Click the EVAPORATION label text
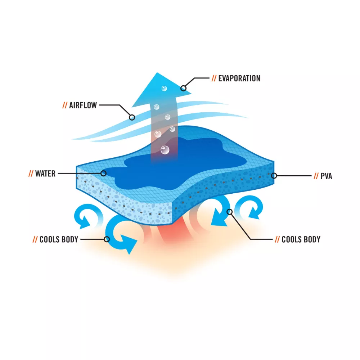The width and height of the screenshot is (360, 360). pyautogui.click(x=239, y=78)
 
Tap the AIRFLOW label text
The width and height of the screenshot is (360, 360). pyautogui.click(x=83, y=105)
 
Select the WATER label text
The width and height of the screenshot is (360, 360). pyautogui.click(x=45, y=174)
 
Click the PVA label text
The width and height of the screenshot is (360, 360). pyautogui.click(x=326, y=176)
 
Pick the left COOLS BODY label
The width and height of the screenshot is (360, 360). pyautogui.click(x=59, y=239)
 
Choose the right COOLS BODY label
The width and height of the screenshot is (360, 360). pyautogui.click(x=301, y=239)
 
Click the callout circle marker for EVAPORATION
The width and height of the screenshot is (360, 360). pyautogui.click(x=183, y=88)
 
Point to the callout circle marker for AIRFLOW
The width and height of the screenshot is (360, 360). pyautogui.click(x=132, y=118)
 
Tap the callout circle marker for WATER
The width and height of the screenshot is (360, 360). pyautogui.click(x=104, y=174)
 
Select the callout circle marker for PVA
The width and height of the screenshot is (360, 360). pyautogui.click(x=274, y=176)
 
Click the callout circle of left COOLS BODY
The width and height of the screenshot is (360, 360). pyautogui.click(x=107, y=239)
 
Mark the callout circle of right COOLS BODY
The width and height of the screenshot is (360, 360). pyautogui.click(x=230, y=212)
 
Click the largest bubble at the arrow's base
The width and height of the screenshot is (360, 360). pyautogui.click(x=165, y=150)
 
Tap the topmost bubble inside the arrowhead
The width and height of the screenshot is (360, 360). pyautogui.click(x=164, y=89)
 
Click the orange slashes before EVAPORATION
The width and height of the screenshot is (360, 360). pyautogui.click(x=214, y=78)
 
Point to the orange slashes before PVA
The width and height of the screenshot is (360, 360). pyautogui.click(x=316, y=176)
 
